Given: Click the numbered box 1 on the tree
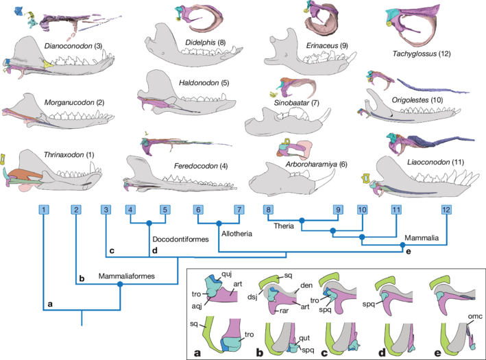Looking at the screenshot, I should (x=43, y=209).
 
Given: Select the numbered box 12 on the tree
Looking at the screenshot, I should (x=447, y=209).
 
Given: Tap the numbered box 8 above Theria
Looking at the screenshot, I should (x=269, y=209).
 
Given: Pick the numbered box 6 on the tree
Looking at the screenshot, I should (x=197, y=209).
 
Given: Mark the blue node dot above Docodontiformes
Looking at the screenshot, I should (x=149, y=223).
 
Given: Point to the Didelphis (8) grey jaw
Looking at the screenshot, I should (x=185, y=48).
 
